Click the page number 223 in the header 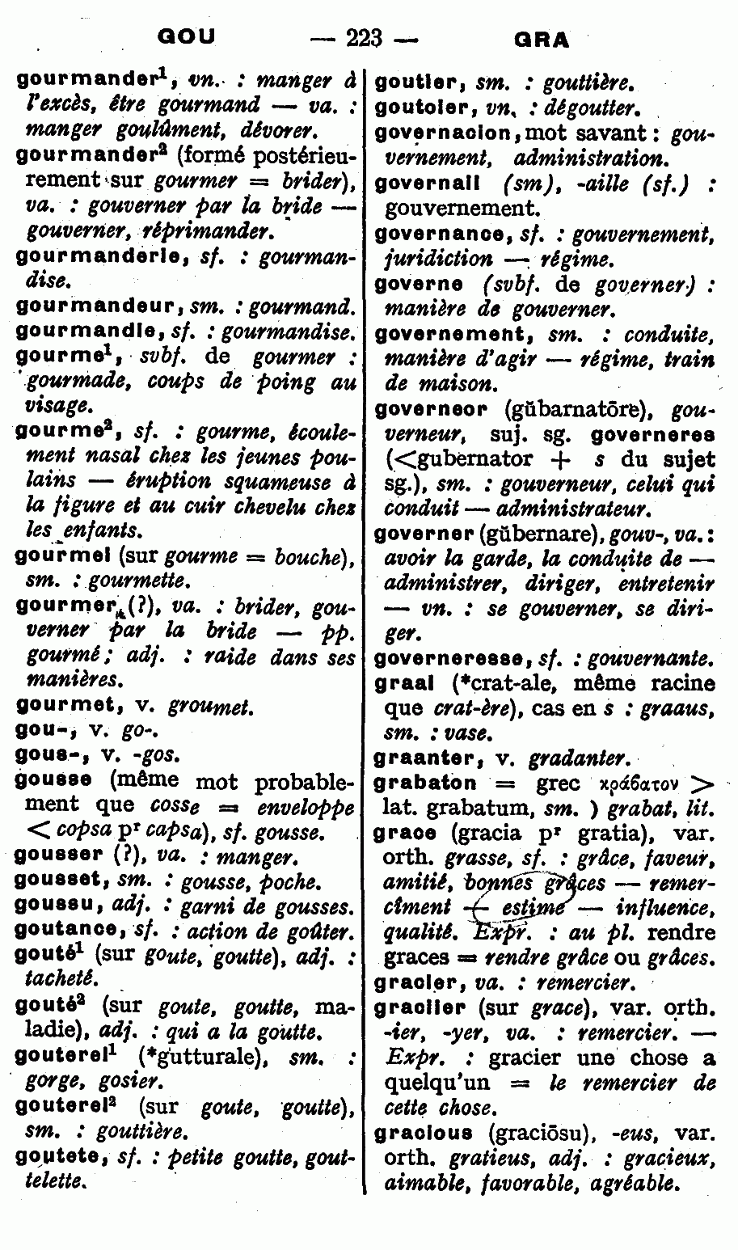363,37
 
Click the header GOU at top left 187,36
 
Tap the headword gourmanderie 86,257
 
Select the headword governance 440,234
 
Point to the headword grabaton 425,783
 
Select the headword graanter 427,758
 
